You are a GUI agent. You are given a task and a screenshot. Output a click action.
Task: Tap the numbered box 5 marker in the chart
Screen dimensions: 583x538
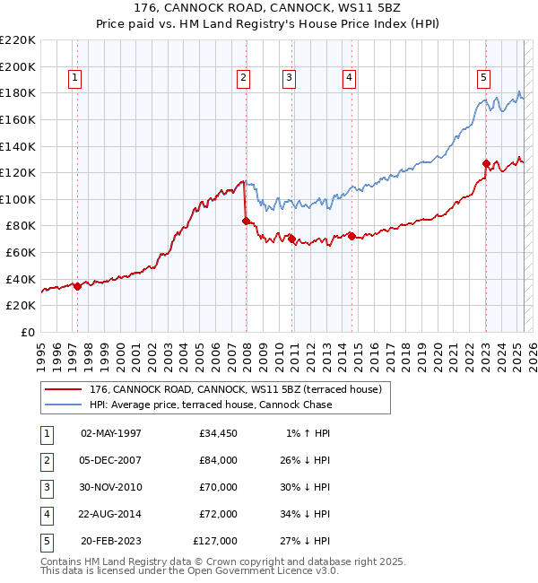tap(483, 78)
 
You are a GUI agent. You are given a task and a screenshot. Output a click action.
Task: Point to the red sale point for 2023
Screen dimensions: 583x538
tap(486, 163)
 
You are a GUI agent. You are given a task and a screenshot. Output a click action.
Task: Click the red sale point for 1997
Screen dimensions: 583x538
tap(77, 286)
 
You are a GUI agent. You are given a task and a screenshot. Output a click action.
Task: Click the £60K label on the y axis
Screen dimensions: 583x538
tap(21, 252)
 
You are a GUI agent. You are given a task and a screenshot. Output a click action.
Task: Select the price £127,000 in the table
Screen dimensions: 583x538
tap(215, 541)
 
